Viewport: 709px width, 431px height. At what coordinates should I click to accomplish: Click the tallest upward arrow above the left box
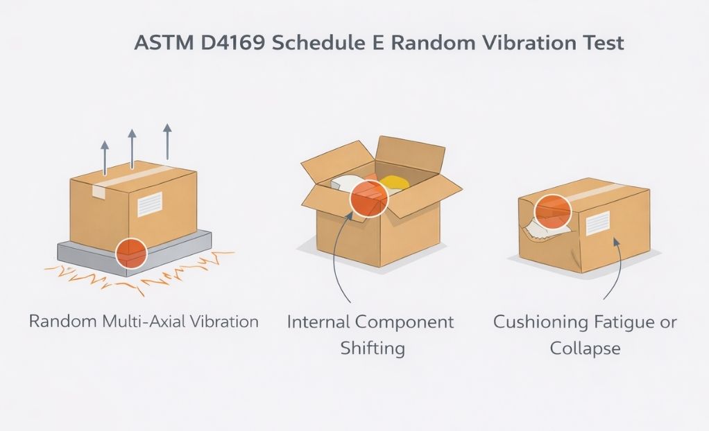(x=166, y=141)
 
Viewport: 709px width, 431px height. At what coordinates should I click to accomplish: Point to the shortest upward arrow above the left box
(x=105, y=157)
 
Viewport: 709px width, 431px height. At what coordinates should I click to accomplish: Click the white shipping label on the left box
(x=149, y=204)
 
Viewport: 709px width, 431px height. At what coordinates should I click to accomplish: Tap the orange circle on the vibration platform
(x=130, y=253)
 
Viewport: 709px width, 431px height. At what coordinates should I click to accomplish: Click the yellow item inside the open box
(x=394, y=182)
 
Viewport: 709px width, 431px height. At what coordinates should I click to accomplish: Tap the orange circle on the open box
(x=368, y=197)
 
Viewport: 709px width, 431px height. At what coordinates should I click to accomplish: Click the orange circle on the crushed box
(x=553, y=210)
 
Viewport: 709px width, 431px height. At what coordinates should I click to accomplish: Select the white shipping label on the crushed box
(x=597, y=223)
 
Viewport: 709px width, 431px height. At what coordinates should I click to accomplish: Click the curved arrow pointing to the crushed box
(x=614, y=270)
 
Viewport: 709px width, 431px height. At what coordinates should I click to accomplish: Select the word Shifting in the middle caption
(x=372, y=348)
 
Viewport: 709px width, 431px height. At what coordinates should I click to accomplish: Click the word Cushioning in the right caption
(x=538, y=322)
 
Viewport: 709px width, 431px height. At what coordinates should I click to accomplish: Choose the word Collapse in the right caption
(x=585, y=348)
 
